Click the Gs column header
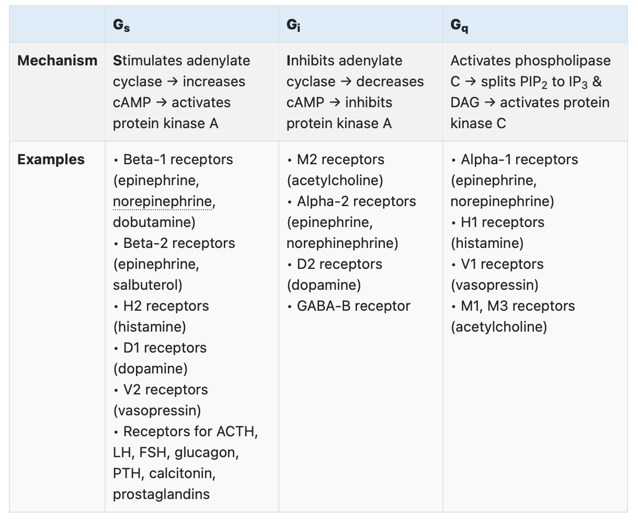pyautogui.click(x=121, y=25)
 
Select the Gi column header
pyautogui.click(x=293, y=25)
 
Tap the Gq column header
pyautogui.click(x=459, y=25)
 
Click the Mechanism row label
pyautogui.click(x=57, y=61)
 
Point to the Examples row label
pyautogui.click(x=51, y=160)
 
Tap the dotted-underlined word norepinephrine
pyautogui.click(x=163, y=202)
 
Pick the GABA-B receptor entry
pyautogui.click(x=354, y=306)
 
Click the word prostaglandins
pyautogui.click(x=161, y=494)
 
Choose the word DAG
pyautogui.click(x=464, y=103)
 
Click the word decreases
pyautogui.click(x=390, y=82)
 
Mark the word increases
pyautogui.click(x=213, y=82)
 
